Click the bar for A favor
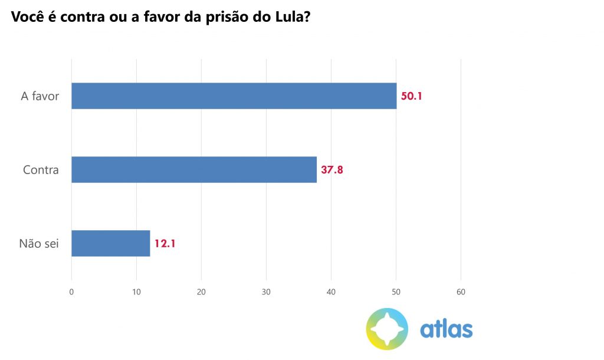click(234, 96)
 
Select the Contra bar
click(194, 169)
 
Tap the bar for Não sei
click(111, 243)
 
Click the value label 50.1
click(412, 96)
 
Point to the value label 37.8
click(332, 170)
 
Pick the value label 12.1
click(165, 244)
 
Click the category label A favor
click(40, 96)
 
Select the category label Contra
click(41, 170)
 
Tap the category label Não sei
click(39, 244)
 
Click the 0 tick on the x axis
click(71, 292)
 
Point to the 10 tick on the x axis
click(136, 292)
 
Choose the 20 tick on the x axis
click(201, 292)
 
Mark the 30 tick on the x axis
click(266, 292)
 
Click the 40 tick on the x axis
click(331, 292)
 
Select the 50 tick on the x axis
click(396, 292)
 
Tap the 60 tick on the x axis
click(461, 292)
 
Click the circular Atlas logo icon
click(387, 328)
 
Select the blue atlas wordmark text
click(447, 329)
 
